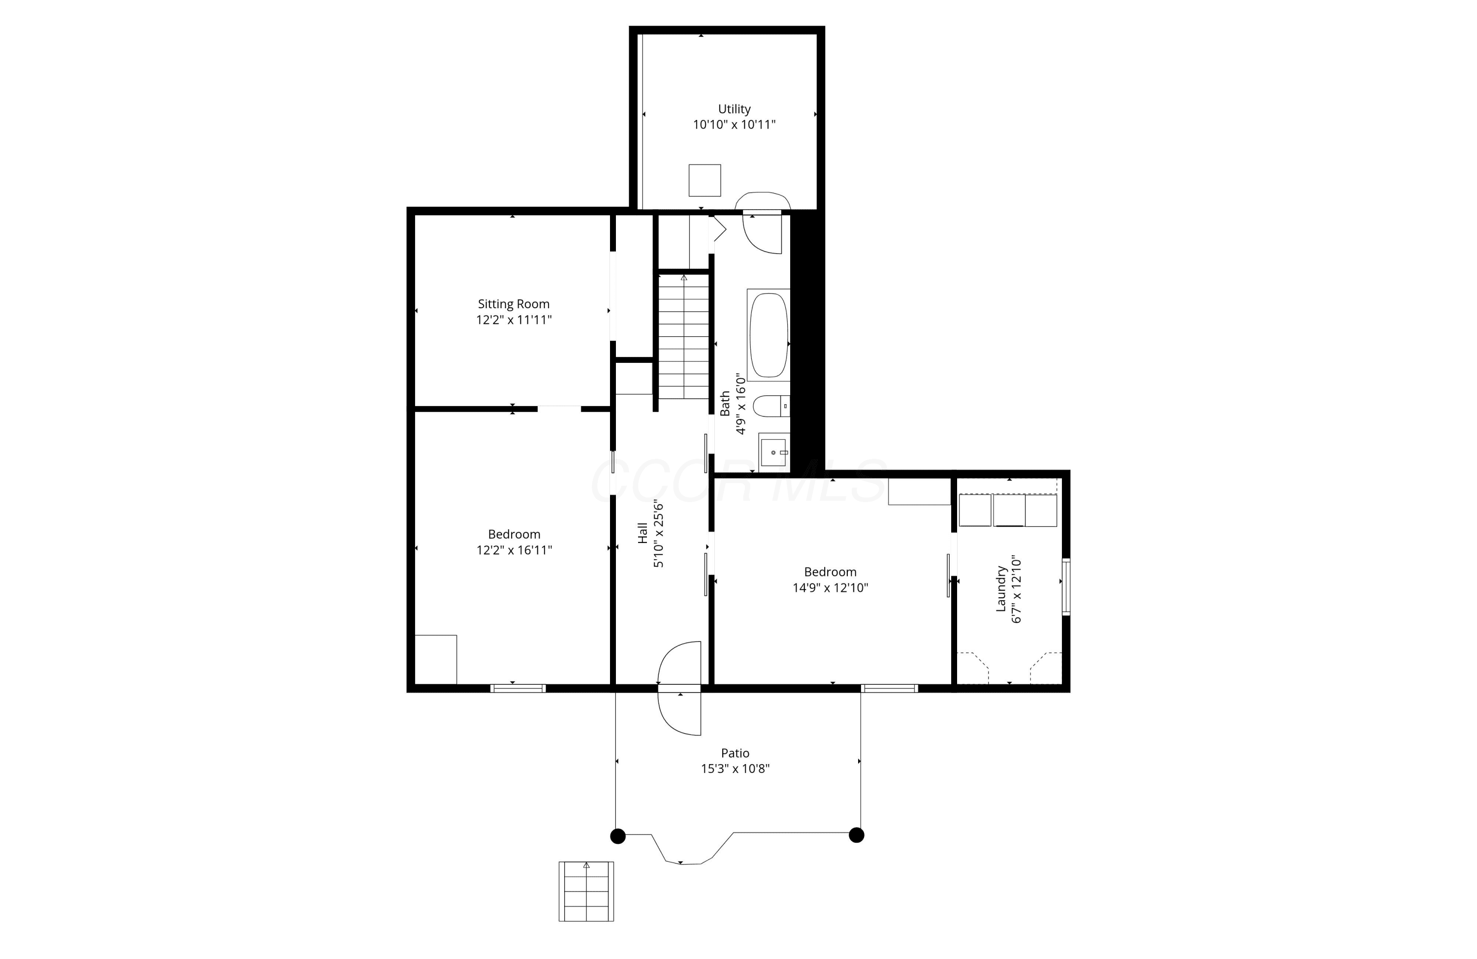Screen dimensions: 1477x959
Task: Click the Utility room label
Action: click(734, 109)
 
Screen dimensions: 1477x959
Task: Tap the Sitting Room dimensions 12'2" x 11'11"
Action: click(514, 320)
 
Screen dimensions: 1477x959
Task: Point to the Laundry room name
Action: click(1000, 588)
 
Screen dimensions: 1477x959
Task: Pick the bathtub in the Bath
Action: click(769, 335)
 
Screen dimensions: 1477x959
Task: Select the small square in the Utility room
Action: click(705, 180)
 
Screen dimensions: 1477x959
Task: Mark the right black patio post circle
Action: click(856, 835)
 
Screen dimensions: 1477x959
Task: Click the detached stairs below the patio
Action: click(586, 892)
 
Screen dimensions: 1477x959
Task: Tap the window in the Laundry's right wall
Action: click(1065, 586)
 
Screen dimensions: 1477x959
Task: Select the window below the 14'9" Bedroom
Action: click(889, 688)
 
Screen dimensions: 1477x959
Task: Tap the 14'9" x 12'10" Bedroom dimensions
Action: click(831, 588)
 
